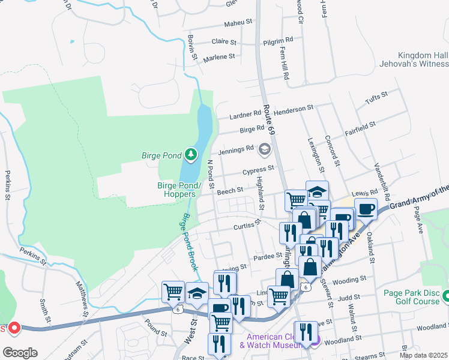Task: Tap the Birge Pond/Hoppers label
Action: (x=176, y=190)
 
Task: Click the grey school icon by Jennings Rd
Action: (x=264, y=148)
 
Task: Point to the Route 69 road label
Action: (x=270, y=121)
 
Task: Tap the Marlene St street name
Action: (x=218, y=57)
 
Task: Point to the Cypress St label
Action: (x=258, y=171)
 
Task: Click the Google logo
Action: (x=19, y=353)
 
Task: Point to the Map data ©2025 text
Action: (x=423, y=355)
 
